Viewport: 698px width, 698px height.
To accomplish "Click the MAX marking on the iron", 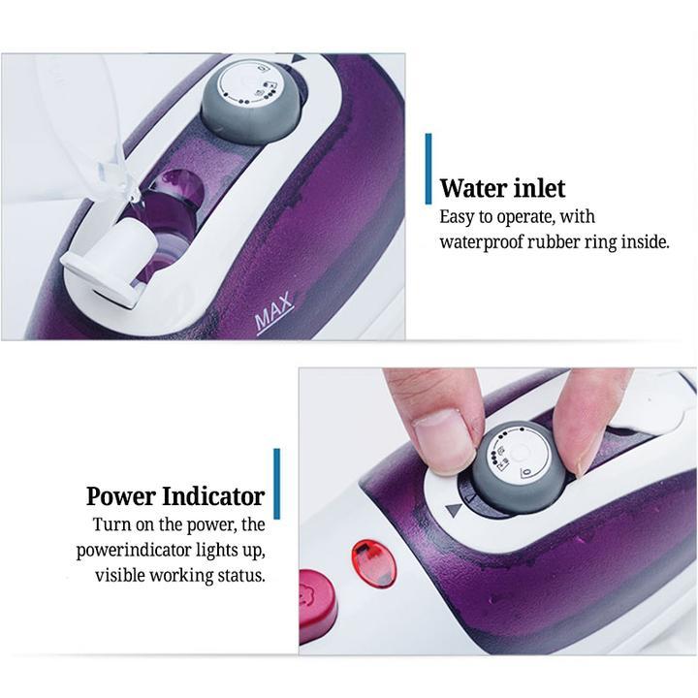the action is click(x=274, y=313).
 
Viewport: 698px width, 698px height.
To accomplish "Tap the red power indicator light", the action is click(x=374, y=563).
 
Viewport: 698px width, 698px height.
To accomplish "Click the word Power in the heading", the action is click(x=121, y=496).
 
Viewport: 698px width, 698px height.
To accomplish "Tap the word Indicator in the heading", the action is click(x=213, y=496).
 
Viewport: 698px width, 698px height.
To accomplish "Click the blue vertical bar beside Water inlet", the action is click(x=428, y=169).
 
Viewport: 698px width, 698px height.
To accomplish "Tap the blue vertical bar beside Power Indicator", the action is click(x=277, y=484).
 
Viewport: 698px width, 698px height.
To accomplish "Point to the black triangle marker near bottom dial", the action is click(x=454, y=510).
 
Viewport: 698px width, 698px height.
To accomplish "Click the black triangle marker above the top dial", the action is click(x=298, y=59).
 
